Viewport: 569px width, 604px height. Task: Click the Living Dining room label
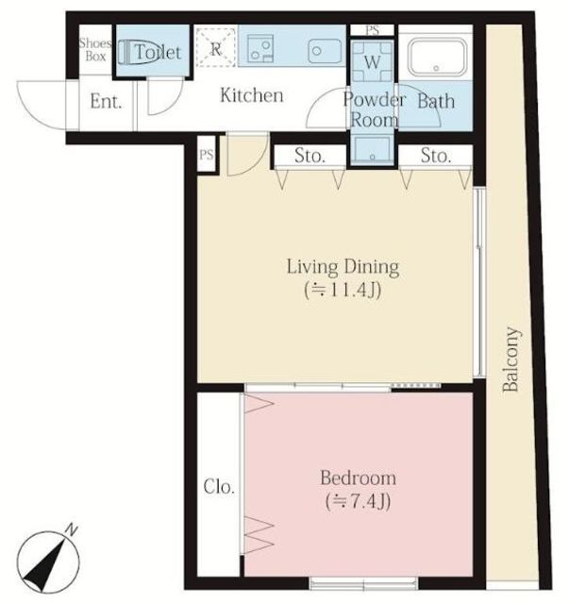(343, 267)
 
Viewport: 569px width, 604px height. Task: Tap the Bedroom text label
(359, 478)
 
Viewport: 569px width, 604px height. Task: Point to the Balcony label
(511, 359)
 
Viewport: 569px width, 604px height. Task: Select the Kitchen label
(252, 95)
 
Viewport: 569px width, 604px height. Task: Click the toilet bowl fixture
(131, 53)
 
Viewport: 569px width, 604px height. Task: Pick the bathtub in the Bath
(437, 57)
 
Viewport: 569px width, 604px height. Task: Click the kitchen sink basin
(325, 51)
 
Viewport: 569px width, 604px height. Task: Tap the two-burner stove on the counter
(260, 48)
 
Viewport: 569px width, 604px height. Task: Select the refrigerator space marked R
(216, 48)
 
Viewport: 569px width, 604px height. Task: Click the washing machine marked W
(372, 61)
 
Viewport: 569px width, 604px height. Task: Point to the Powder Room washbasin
(372, 149)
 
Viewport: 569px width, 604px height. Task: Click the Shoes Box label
(95, 50)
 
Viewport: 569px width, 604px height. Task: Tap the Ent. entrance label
(106, 101)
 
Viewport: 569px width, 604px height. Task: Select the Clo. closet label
(219, 487)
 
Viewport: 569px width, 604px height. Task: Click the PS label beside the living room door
(207, 155)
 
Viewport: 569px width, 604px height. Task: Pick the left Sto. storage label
(310, 156)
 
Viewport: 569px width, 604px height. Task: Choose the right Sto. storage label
(436, 156)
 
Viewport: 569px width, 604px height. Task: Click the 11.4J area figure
(343, 290)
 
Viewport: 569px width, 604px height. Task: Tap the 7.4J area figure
(359, 501)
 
